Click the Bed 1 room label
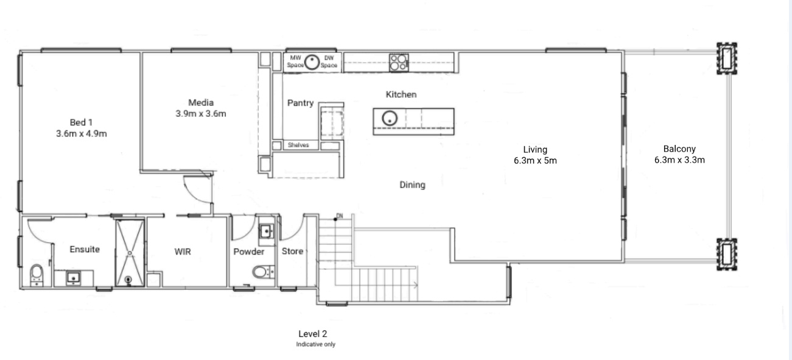click(82, 122)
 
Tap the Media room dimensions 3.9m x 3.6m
click(201, 113)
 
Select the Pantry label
click(301, 103)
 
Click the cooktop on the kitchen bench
click(399, 63)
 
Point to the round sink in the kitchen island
click(390, 118)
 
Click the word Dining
click(412, 185)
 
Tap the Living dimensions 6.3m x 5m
click(535, 161)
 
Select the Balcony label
click(679, 149)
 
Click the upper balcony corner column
click(727, 58)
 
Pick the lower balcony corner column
click(727, 254)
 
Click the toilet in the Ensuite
click(37, 275)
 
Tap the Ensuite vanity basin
click(74, 278)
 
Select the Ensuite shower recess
click(130, 253)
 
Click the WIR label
click(183, 252)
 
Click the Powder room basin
click(266, 231)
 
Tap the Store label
click(292, 251)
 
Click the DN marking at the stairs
click(340, 216)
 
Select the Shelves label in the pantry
click(298, 145)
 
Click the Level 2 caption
click(313, 333)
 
